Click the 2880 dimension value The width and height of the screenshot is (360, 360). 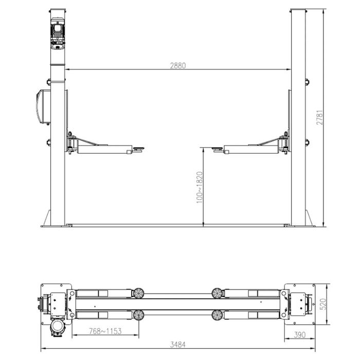(177, 66)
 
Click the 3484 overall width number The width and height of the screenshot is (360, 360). (177, 344)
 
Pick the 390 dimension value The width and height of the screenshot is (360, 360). (300, 335)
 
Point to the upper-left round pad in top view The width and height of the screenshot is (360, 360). (138, 293)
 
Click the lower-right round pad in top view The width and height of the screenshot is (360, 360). (217, 314)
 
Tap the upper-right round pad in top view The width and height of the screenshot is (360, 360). (217, 293)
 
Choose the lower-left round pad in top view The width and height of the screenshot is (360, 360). (138, 314)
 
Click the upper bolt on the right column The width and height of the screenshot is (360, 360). (307, 81)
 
